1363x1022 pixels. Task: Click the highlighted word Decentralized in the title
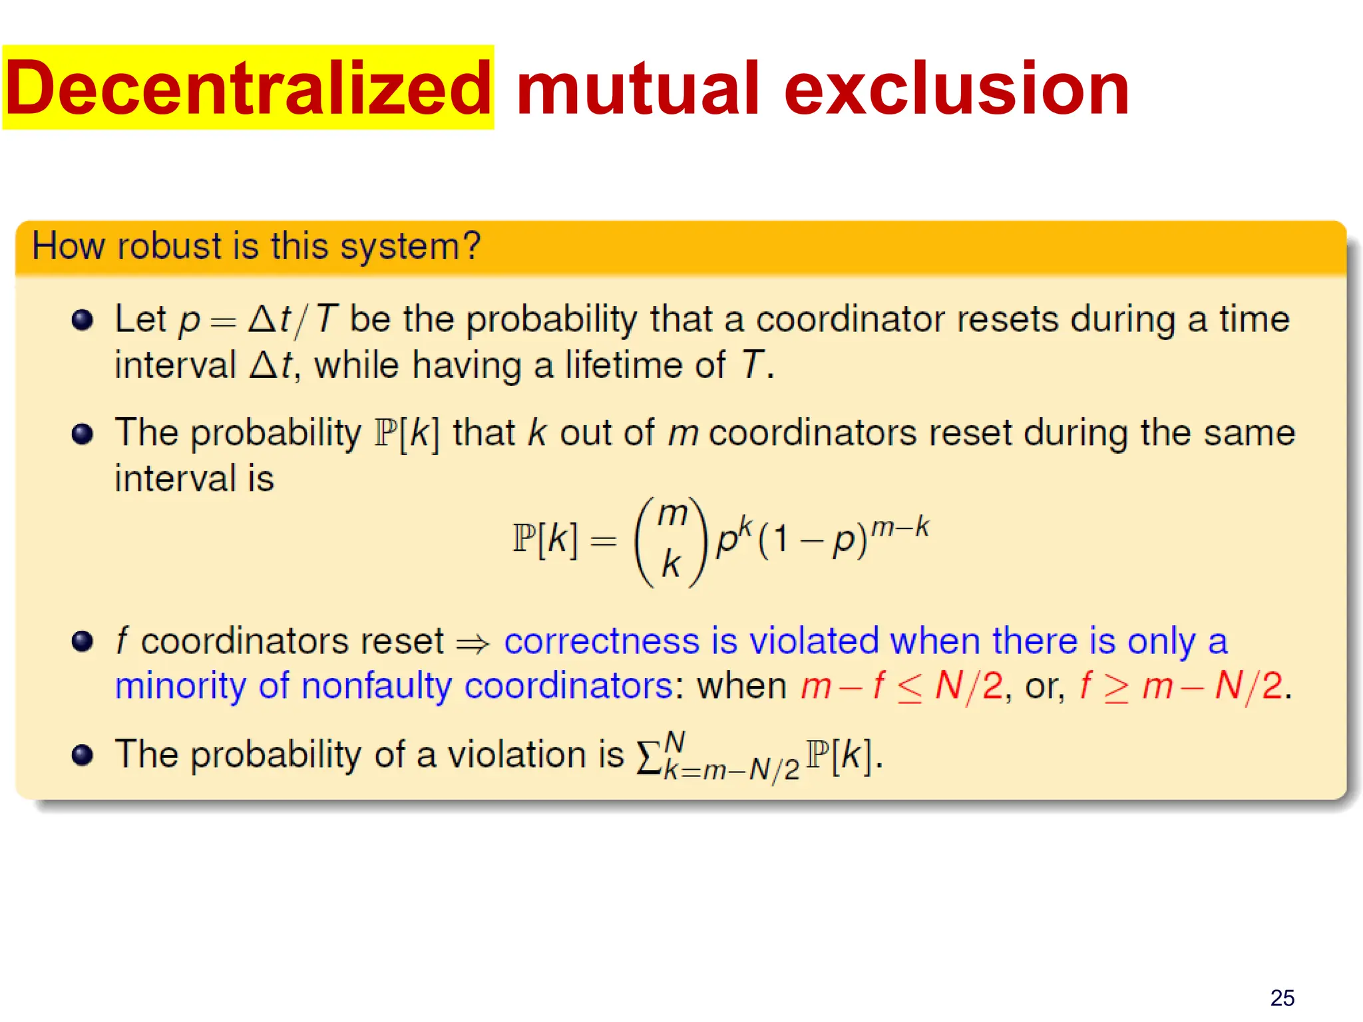(248, 88)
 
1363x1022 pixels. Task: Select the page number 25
(1282, 997)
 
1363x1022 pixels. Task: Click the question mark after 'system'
(472, 246)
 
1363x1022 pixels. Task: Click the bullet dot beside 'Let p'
(82, 320)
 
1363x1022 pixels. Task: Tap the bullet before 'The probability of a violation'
(82, 755)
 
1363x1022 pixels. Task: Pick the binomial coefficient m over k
(671, 540)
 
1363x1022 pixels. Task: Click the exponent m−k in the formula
(900, 528)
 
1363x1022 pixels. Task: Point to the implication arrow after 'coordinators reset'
(473, 643)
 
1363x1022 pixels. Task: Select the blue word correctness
(602, 641)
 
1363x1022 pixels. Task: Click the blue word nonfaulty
(376, 686)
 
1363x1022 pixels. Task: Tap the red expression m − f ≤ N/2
(901, 686)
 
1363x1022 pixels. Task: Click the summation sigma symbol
(648, 757)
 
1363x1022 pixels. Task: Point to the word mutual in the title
(637, 88)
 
